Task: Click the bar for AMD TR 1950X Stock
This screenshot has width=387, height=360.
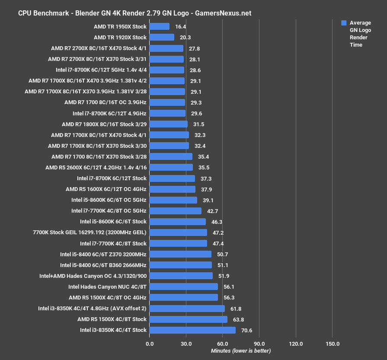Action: click(159, 26)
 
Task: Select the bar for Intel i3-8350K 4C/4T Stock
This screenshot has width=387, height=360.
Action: click(192, 330)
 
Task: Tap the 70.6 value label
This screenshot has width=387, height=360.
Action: click(246, 330)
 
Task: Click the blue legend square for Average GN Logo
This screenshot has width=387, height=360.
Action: click(344, 23)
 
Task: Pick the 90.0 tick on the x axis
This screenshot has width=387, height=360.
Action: click(259, 344)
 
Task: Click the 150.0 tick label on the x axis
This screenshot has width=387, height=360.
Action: click(332, 344)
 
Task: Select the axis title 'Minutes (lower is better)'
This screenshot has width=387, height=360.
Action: click(241, 351)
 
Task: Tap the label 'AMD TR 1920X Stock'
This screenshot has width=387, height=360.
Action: click(120, 38)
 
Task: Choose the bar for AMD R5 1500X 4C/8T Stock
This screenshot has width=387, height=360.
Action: click(188, 319)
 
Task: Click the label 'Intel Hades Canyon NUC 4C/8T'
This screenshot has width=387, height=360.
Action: click(107, 287)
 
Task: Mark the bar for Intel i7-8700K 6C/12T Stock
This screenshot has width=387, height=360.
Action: click(172, 178)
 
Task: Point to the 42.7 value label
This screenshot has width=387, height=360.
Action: click(212, 211)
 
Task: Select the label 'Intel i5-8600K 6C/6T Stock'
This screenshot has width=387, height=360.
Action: click(113, 222)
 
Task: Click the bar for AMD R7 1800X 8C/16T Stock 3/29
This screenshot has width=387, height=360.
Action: click(168, 124)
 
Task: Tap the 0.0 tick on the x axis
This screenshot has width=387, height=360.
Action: click(150, 344)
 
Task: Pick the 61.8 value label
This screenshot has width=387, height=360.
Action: click(236, 309)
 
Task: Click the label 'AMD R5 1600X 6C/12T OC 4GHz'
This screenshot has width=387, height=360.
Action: click(106, 189)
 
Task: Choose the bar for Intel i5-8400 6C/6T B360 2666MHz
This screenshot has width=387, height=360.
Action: click(180, 265)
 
